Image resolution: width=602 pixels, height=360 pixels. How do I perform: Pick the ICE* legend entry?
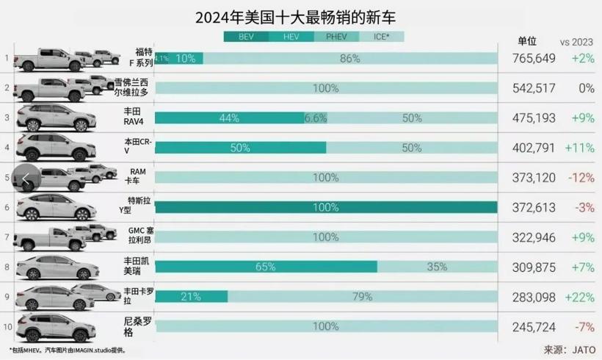382,36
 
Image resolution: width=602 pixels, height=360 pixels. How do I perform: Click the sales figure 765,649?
529,58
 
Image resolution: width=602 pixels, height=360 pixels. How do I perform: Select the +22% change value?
579,296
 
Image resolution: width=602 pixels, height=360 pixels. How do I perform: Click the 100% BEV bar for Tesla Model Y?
326,207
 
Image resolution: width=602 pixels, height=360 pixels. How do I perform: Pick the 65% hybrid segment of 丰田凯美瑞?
266,267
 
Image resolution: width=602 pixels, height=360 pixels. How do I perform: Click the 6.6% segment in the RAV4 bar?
316,118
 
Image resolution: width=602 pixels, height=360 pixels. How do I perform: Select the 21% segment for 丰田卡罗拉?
191,296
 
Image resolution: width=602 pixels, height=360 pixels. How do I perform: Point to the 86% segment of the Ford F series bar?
349,58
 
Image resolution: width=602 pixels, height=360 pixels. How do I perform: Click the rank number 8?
7,267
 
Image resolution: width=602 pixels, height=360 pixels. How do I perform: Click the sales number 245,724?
529,326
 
